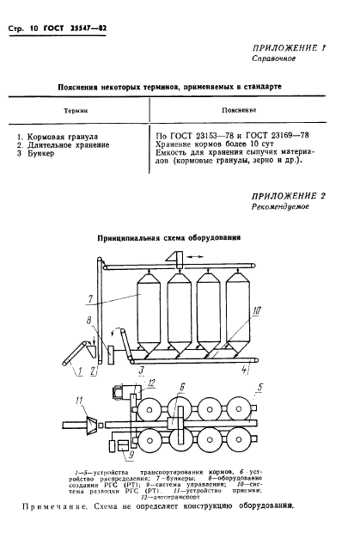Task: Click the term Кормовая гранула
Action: click(x=66, y=137)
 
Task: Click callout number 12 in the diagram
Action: click(x=126, y=381)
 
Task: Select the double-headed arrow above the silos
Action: click(x=177, y=254)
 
